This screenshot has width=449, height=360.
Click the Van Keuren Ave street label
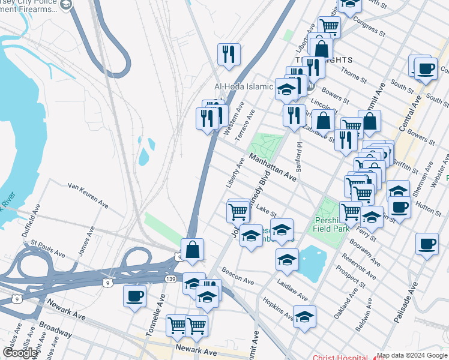[x=88, y=196]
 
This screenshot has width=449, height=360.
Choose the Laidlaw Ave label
[x=292, y=289]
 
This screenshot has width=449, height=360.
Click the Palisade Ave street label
[x=405, y=303]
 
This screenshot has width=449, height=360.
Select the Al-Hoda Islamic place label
[x=244, y=86]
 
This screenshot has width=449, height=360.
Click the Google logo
[x=20, y=353]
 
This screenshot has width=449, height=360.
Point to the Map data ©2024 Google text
[x=411, y=356]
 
